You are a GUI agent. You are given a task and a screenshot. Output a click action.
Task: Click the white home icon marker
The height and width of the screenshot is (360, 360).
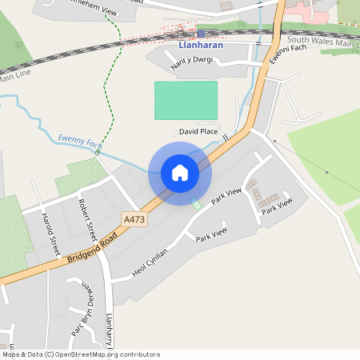(180, 173)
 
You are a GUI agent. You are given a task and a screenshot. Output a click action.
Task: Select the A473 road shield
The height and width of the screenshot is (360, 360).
(134, 218)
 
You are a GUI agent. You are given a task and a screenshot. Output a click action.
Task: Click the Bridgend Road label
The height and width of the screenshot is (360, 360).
(92, 246)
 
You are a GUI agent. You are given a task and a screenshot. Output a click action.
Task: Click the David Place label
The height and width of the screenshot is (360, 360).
(198, 131)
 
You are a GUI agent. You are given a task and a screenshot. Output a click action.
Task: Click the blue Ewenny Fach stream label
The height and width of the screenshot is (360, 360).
(80, 141)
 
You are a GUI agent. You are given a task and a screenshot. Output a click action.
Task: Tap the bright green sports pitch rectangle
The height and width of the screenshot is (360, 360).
(186, 100)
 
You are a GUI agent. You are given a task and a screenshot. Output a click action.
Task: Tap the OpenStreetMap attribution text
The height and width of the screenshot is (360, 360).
(81, 354)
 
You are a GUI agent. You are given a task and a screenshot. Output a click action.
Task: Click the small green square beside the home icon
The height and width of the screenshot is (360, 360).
(197, 204)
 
